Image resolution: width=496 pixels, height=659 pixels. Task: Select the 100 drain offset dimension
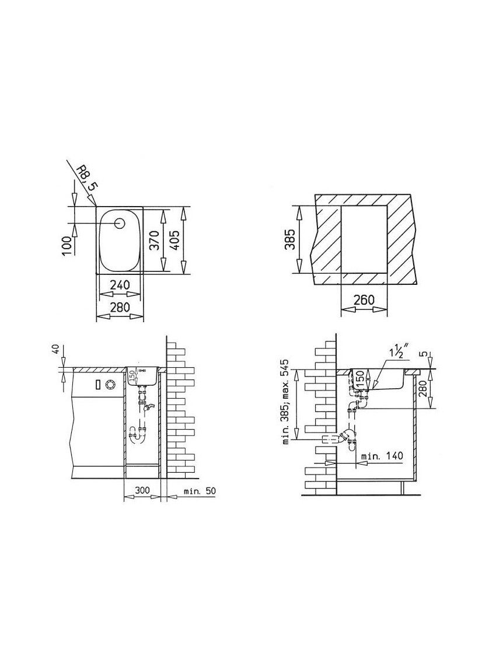(67, 246)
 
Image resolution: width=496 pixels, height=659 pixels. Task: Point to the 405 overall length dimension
(174, 240)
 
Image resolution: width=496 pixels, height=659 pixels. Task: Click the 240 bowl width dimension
(119, 285)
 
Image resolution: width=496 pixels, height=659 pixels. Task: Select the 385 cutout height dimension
(290, 239)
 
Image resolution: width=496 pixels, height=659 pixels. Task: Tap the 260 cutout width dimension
(364, 300)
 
